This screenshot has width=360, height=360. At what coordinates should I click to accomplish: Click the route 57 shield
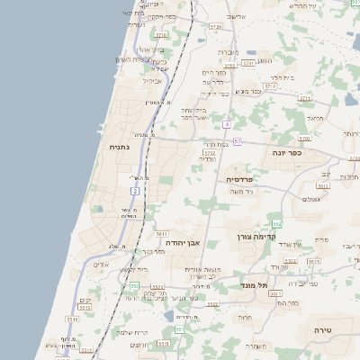[237, 141]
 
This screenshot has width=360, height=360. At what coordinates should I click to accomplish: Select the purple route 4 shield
[229, 124]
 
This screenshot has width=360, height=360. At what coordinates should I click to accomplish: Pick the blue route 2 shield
[135, 191]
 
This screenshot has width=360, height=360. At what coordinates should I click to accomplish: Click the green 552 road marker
[276, 223]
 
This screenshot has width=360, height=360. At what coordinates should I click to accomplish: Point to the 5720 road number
[215, 28]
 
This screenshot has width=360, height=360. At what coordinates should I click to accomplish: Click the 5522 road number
[212, 305]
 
